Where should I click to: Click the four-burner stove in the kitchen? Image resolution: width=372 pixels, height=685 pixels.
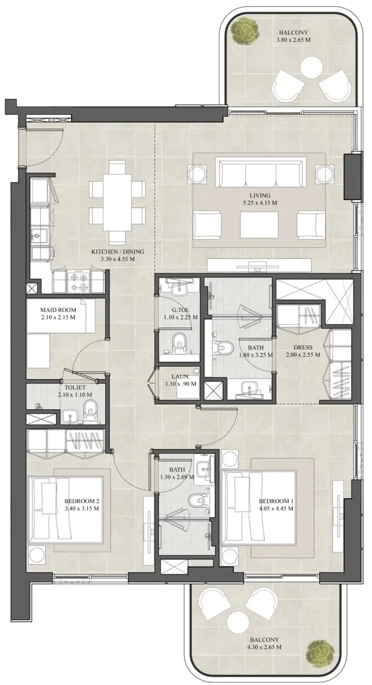point(79,282)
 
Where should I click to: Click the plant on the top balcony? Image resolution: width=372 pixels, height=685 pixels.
point(245,30)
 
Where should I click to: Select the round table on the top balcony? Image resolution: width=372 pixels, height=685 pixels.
point(312,69)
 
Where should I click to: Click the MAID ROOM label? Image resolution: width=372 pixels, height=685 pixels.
point(58,310)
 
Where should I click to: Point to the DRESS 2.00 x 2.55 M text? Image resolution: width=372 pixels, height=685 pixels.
point(303,351)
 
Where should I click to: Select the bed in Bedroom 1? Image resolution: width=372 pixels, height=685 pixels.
point(258,503)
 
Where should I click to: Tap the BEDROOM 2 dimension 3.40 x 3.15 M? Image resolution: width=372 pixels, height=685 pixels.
point(82,508)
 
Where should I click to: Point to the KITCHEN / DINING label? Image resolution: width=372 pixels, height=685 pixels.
point(118,252)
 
